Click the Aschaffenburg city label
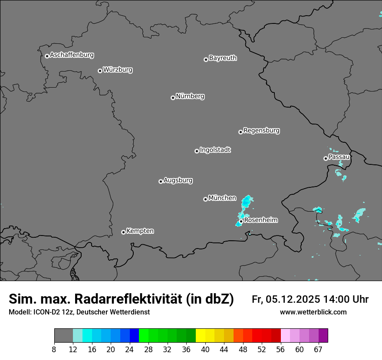pyautogui.click(x=72, y=55)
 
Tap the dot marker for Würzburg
pyautogui.click(x=100, y=71)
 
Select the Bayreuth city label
pyautogui.click(x=223, y=58)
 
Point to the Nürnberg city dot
pyautogui.click(x=173, y=98)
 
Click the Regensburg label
pyautogui.click(x=261, y=130)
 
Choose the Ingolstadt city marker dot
pyautogui.click(x=197, y=151)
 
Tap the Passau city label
pyautogui.click(x=339, y=157)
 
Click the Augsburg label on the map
pyautogui.click(x=178, y=180)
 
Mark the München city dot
pyautogui.click(x=205, y=199)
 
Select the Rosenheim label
pyautogui.click(x=261, y=220)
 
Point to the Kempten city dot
pyautogui.click(x=123, y=232)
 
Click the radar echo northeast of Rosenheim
pyautogui.click(x=247, y=202)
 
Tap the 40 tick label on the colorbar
pyautogui.click(x=205, y=349)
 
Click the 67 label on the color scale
pyautogui.click(x=318, y=349)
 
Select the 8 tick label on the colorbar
pyautogui.click(x=54, y=349)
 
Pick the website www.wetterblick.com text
pyautogui.click(x=313, y=312)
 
